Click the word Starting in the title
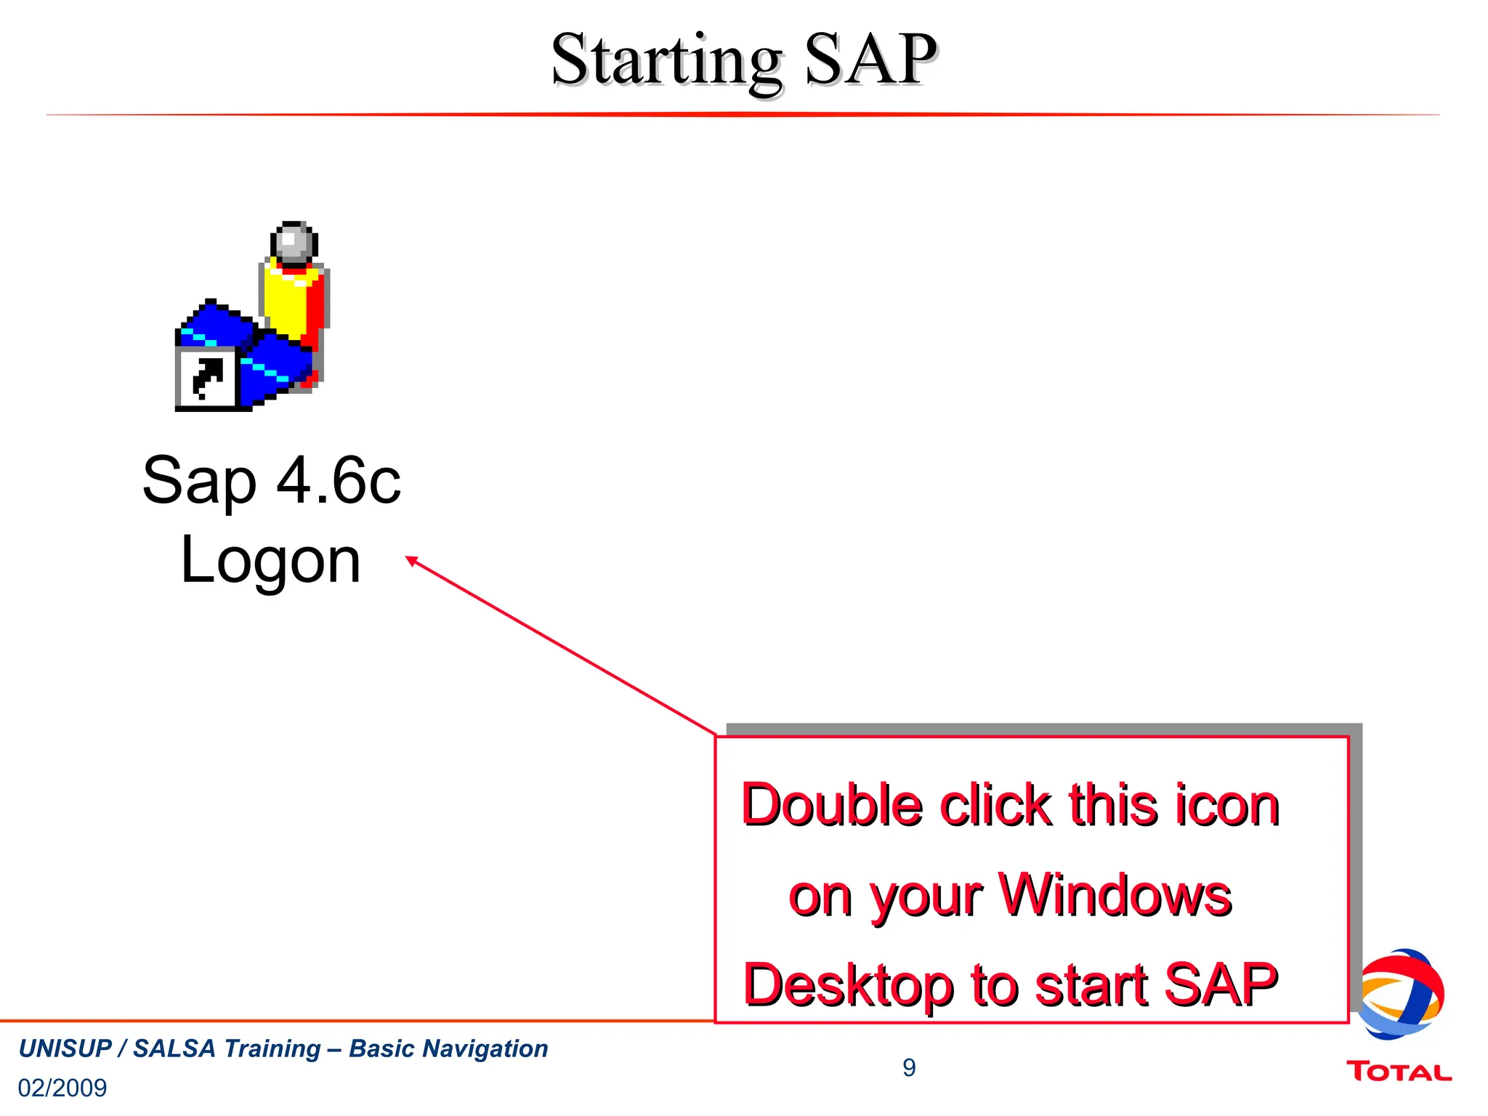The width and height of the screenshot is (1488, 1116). click(x=666, y=61)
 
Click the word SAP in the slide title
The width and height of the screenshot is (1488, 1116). click(x=869, y=60)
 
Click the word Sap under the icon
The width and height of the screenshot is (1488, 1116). click(x=199, y=482)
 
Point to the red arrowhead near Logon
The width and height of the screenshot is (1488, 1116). click(x=412, y=560)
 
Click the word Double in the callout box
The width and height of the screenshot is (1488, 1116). click(x=832, y=805)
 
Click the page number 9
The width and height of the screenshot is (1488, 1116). click(x=909, y=1067)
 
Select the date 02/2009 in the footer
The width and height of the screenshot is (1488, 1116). click(x=62, y=1088)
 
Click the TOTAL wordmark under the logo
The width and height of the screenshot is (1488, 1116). click(x=1399, y=1072)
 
